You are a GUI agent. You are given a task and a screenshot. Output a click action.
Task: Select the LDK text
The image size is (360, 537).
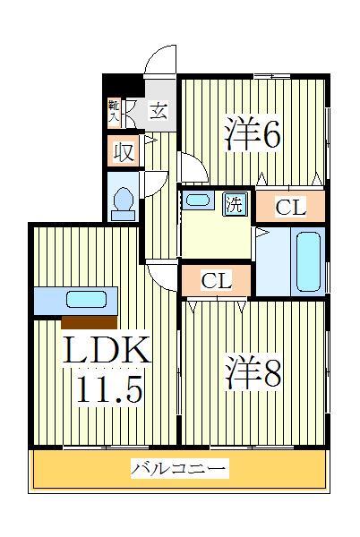(x=107, y=352)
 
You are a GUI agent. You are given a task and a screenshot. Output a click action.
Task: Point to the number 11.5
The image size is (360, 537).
(x=107, y=391)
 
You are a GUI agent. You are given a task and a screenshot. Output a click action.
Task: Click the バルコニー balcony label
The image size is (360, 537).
(x=179, y=468)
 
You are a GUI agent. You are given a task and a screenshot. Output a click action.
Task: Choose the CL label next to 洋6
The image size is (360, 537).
(x=290, y=208)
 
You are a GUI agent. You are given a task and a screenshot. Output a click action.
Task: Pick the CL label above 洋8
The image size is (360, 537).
(x=216, y=281)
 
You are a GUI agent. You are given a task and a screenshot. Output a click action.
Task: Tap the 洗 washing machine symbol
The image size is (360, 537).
(x=234, y=202)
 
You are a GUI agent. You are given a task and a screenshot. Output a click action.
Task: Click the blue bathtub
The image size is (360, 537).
(x=308, y=261)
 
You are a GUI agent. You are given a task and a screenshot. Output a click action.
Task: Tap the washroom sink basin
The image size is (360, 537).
(x=198, y=200)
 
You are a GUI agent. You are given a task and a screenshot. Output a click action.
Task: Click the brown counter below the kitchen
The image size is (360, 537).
(x=89, y=322)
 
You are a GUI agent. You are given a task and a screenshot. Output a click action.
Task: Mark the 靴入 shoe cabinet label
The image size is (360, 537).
(x=115, y=109)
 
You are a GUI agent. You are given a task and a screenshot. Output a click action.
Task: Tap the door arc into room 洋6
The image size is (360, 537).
(x=192, y=166)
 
